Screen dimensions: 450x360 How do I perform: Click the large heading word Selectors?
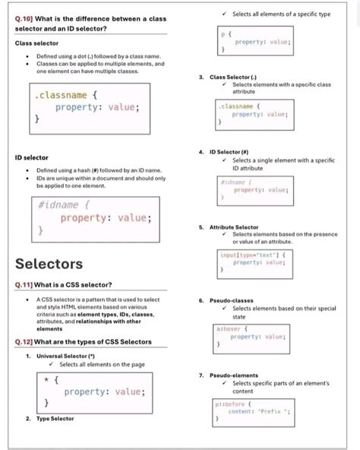pyautogui.click(x=49, y=264)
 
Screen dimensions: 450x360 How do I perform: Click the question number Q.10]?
pyautogui.click(x=25, y=17)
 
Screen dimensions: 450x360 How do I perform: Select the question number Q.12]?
pyautogui.click(x=25, y=342)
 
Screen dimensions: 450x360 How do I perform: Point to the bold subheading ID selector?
pyautogui.click(x=32, y=157)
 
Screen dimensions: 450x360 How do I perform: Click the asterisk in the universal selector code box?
pyautogui.click(x=47, y=379)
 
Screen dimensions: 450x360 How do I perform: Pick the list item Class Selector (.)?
pyautogui.click(x=233, y=78)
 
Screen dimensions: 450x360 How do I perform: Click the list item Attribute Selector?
pyautogui.click(x=234, y=227)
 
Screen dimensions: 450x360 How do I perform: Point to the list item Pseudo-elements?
pyautogui.click(x=229, y=375)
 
